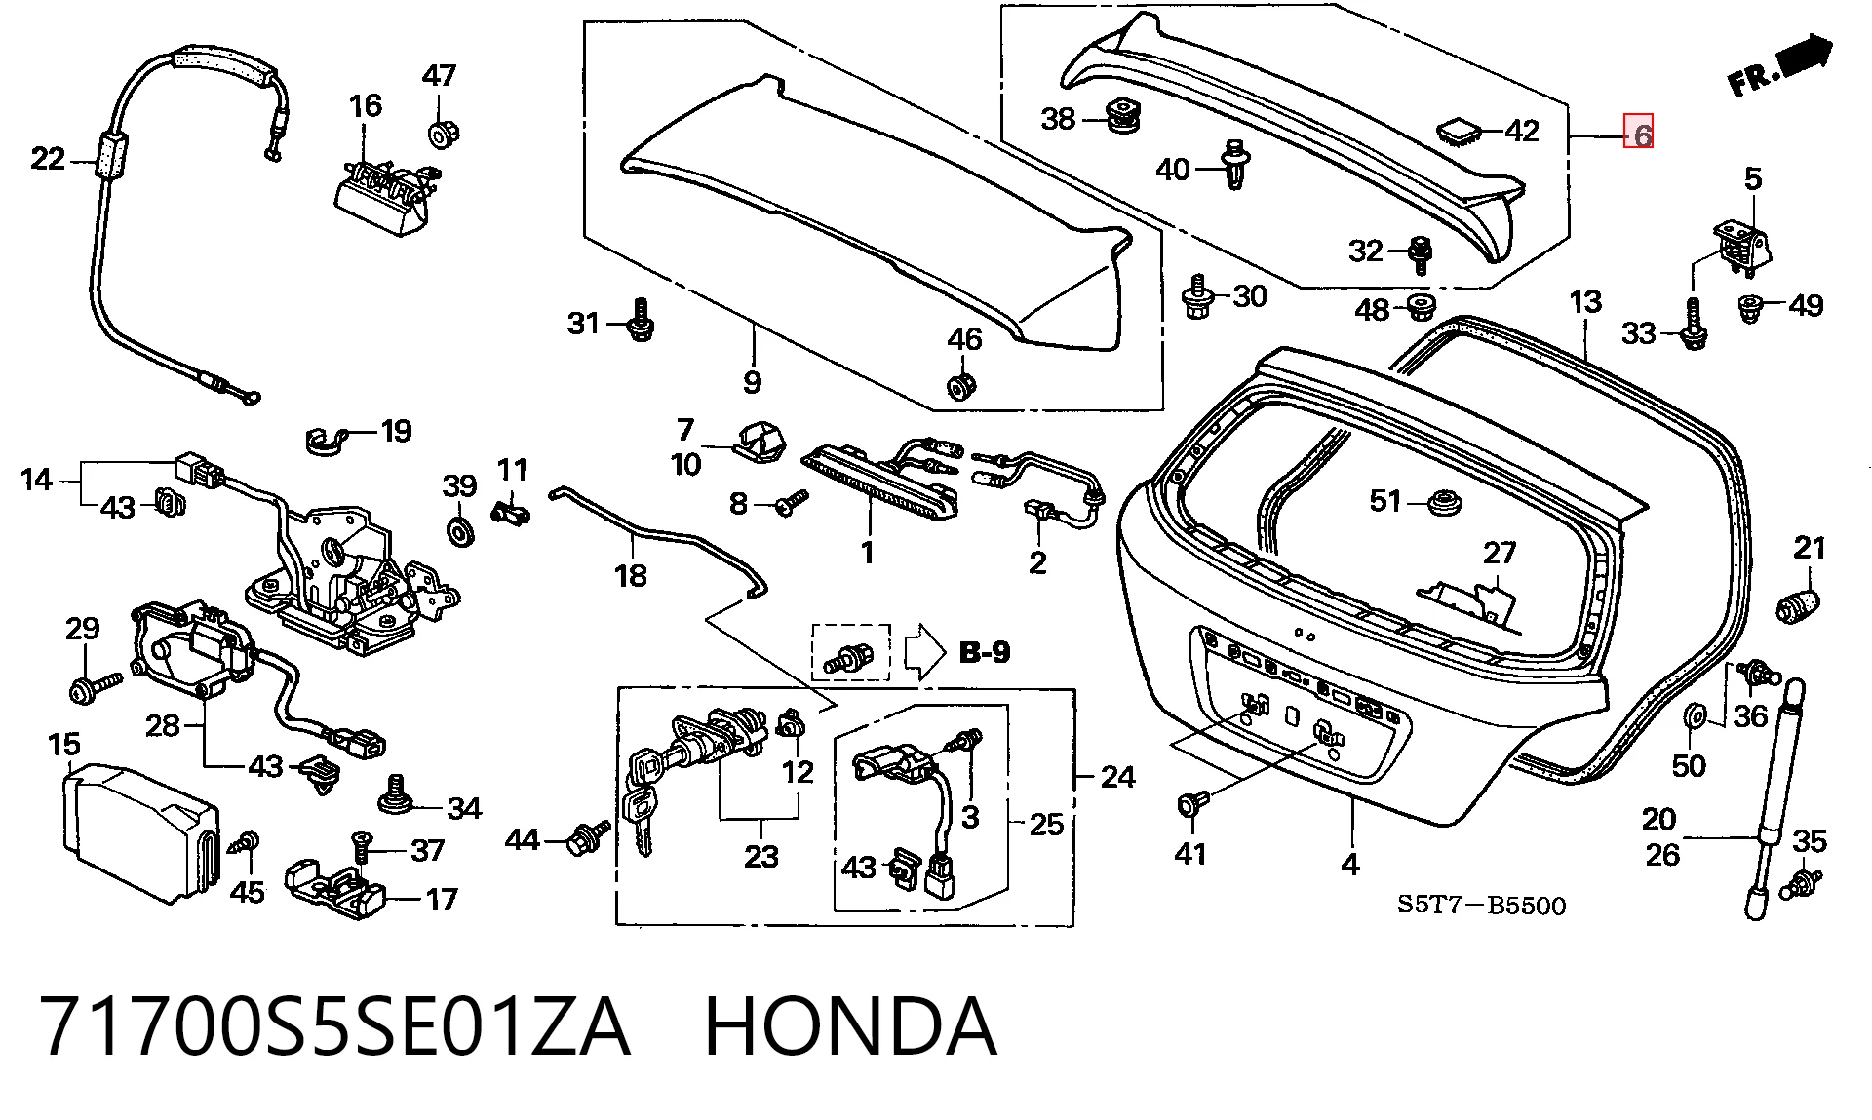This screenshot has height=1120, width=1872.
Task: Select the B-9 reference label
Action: point(985,652)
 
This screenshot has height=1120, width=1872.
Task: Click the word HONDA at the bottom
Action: point(850,1026)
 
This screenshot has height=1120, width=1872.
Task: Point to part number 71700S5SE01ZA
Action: point(334,1026)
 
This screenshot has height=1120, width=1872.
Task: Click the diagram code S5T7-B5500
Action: point(1482,906)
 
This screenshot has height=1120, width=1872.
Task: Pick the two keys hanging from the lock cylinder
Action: point(638,800)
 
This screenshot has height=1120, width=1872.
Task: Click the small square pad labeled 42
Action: point(1458,131)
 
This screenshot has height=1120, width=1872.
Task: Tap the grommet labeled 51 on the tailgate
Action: point(1441,504)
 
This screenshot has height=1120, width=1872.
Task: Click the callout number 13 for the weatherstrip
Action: point(1585,302)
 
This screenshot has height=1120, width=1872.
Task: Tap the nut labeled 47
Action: point(445,133)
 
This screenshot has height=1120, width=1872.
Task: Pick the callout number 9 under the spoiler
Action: point(751,381)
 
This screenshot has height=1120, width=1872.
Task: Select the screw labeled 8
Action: point(791,503)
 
